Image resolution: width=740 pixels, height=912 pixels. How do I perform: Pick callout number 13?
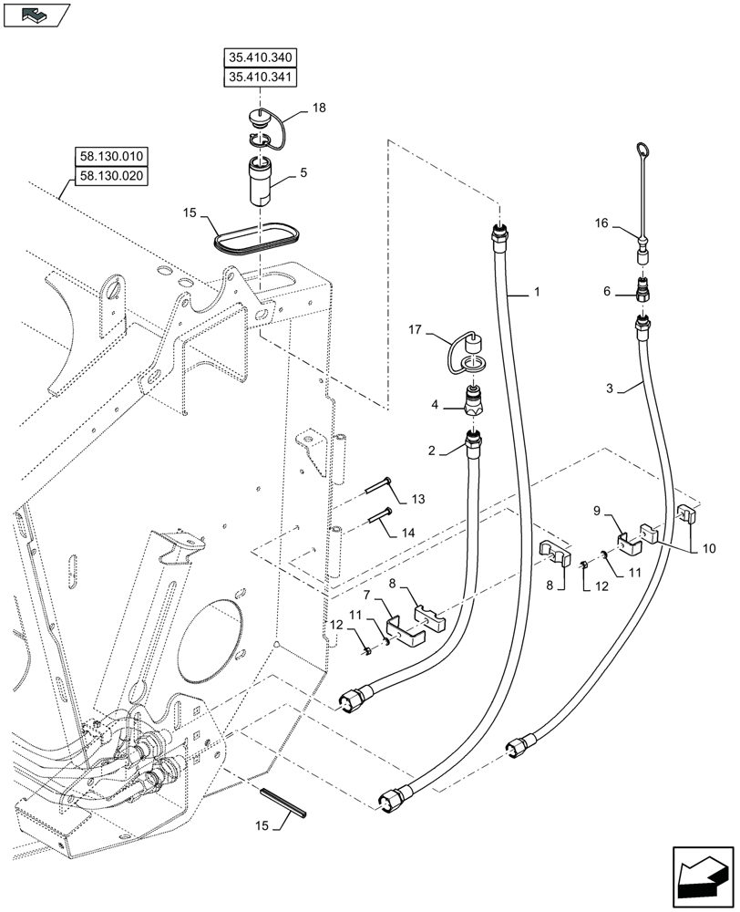[417, 499]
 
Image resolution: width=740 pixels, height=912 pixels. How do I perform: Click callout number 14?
[417, 532]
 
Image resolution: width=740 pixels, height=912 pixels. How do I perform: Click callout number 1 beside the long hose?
[537, 292]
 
